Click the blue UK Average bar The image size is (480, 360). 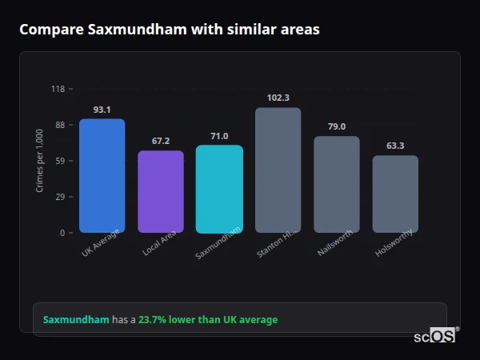(x=102, y=176)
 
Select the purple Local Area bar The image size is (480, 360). (x=160, y=192)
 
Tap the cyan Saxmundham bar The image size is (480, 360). (x=218, y=189)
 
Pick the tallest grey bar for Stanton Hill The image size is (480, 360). (x=278, y=170)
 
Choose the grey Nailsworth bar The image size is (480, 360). (x=336, y=185)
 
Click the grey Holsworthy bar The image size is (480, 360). (x=395, y=194)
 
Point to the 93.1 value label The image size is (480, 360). (x=102, y=110)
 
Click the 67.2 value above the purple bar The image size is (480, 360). (x=160, y=142)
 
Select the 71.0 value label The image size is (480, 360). (x=218, y=137)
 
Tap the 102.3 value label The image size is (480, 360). (x=278, y=98)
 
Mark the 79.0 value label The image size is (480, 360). (x=336, y=127)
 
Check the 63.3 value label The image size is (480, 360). (x=395, y=146)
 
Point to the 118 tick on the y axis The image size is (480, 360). (x=58, y=89)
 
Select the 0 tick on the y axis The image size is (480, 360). (x=62, y=233)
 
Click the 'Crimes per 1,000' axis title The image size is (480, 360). (x=39, y=161)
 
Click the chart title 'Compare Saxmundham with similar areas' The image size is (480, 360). (x=169, y=30)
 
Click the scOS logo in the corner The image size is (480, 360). (x=435, y=336)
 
